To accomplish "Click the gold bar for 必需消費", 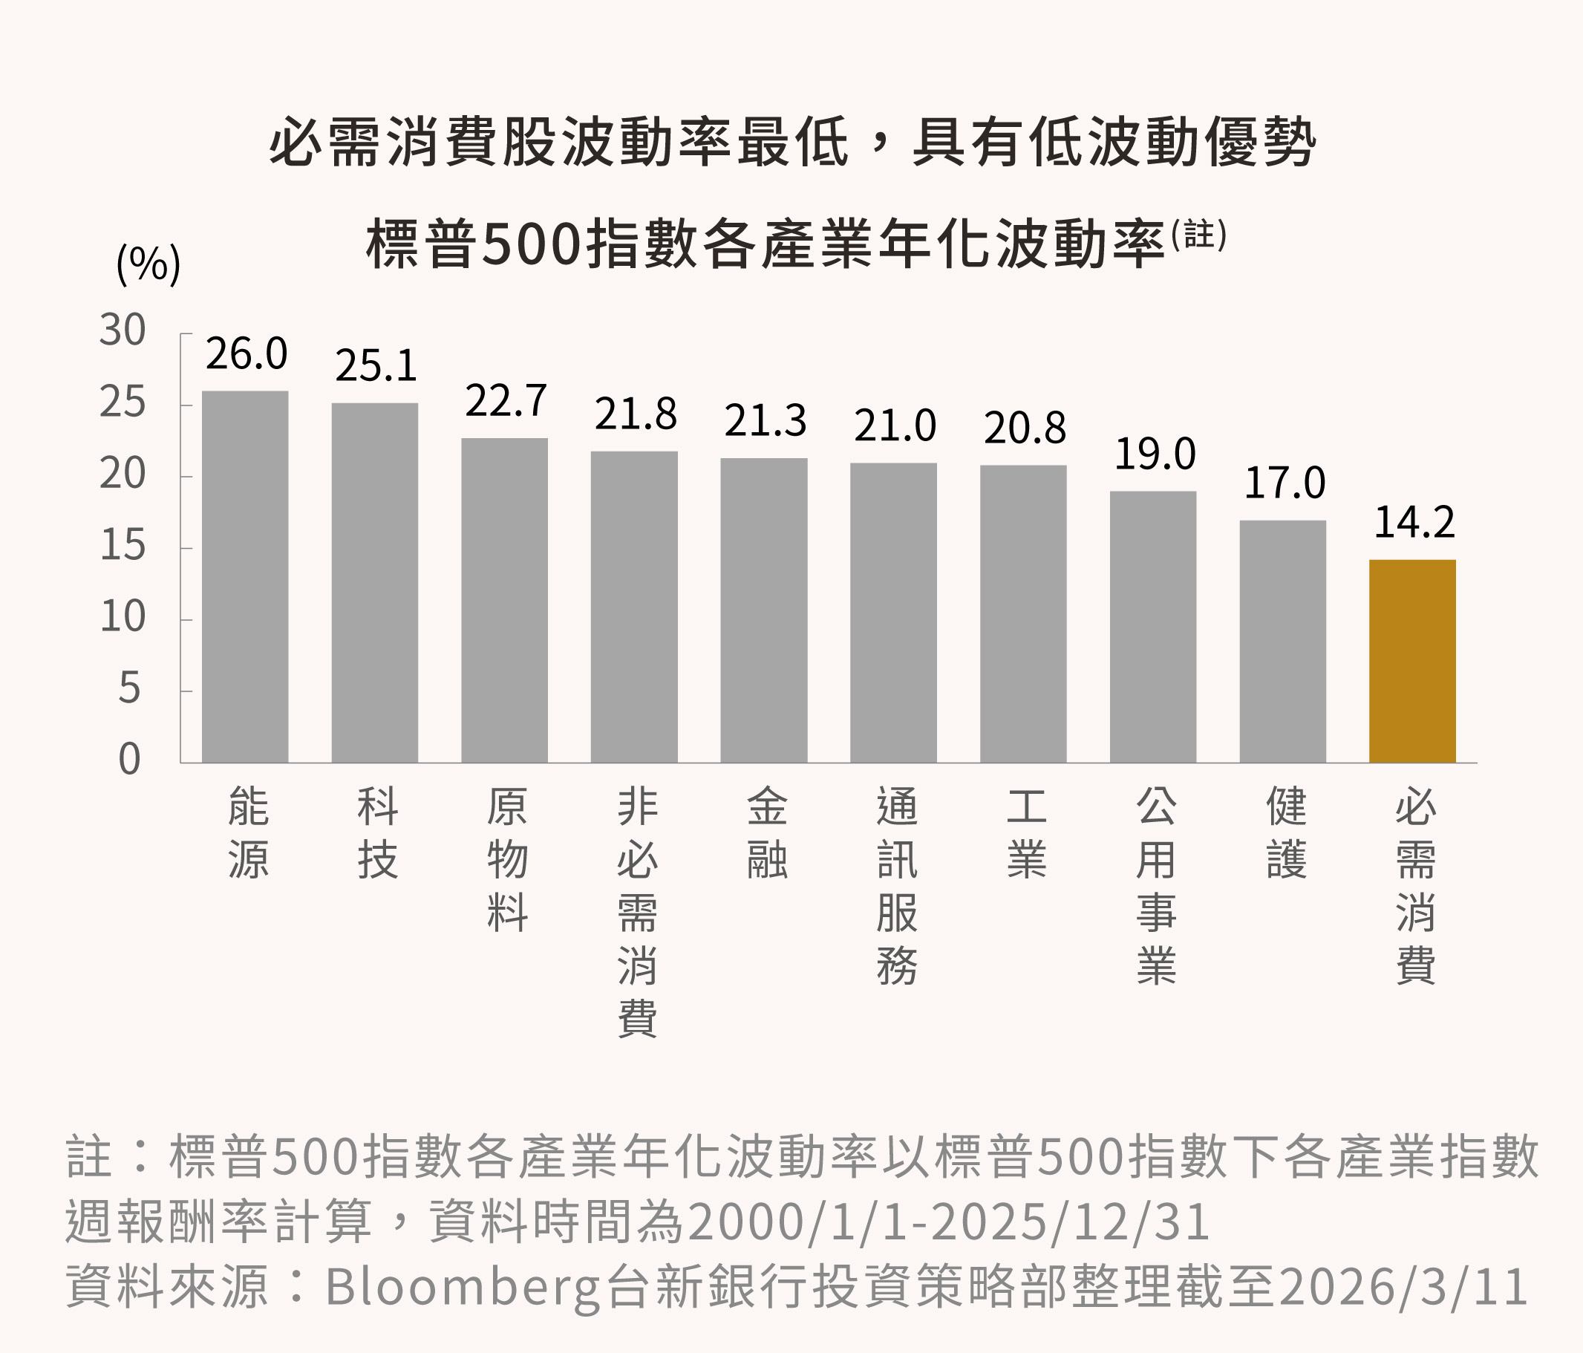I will (1412, 661).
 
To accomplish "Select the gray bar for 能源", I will (244, 577).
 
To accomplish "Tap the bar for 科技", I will (374, 582).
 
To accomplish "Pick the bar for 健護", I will (1282, 641).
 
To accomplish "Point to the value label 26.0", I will (246, 353).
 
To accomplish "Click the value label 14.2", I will (1414, 523).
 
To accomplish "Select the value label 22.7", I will (506, 400).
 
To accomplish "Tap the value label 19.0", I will (1155, 454).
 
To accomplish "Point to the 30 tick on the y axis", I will (123, 330).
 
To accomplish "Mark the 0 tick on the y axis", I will (129, 760).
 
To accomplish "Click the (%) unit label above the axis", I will (148, 264).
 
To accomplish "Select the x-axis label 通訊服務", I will (896, 885).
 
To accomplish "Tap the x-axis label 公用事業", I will (1155, 885).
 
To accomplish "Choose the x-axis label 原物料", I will (507, 859).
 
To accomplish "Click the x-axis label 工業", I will (1026, 832).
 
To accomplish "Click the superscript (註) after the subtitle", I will (1198, 235).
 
